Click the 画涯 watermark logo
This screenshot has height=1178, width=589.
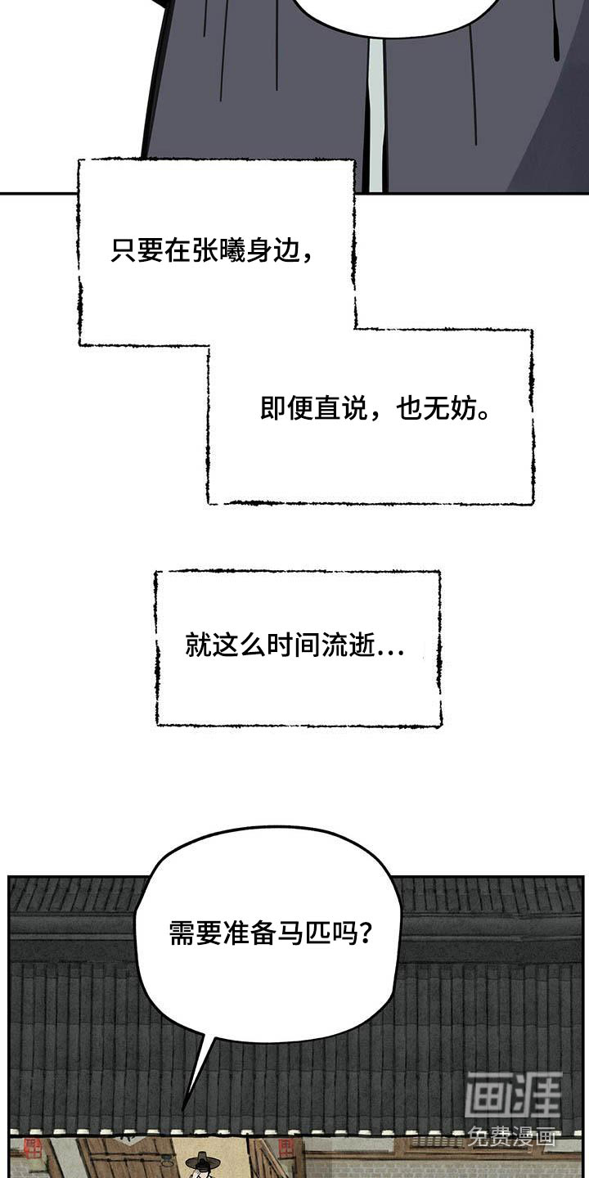tap(513, 1095)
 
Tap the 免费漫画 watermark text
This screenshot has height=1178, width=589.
tap(512, 1137)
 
